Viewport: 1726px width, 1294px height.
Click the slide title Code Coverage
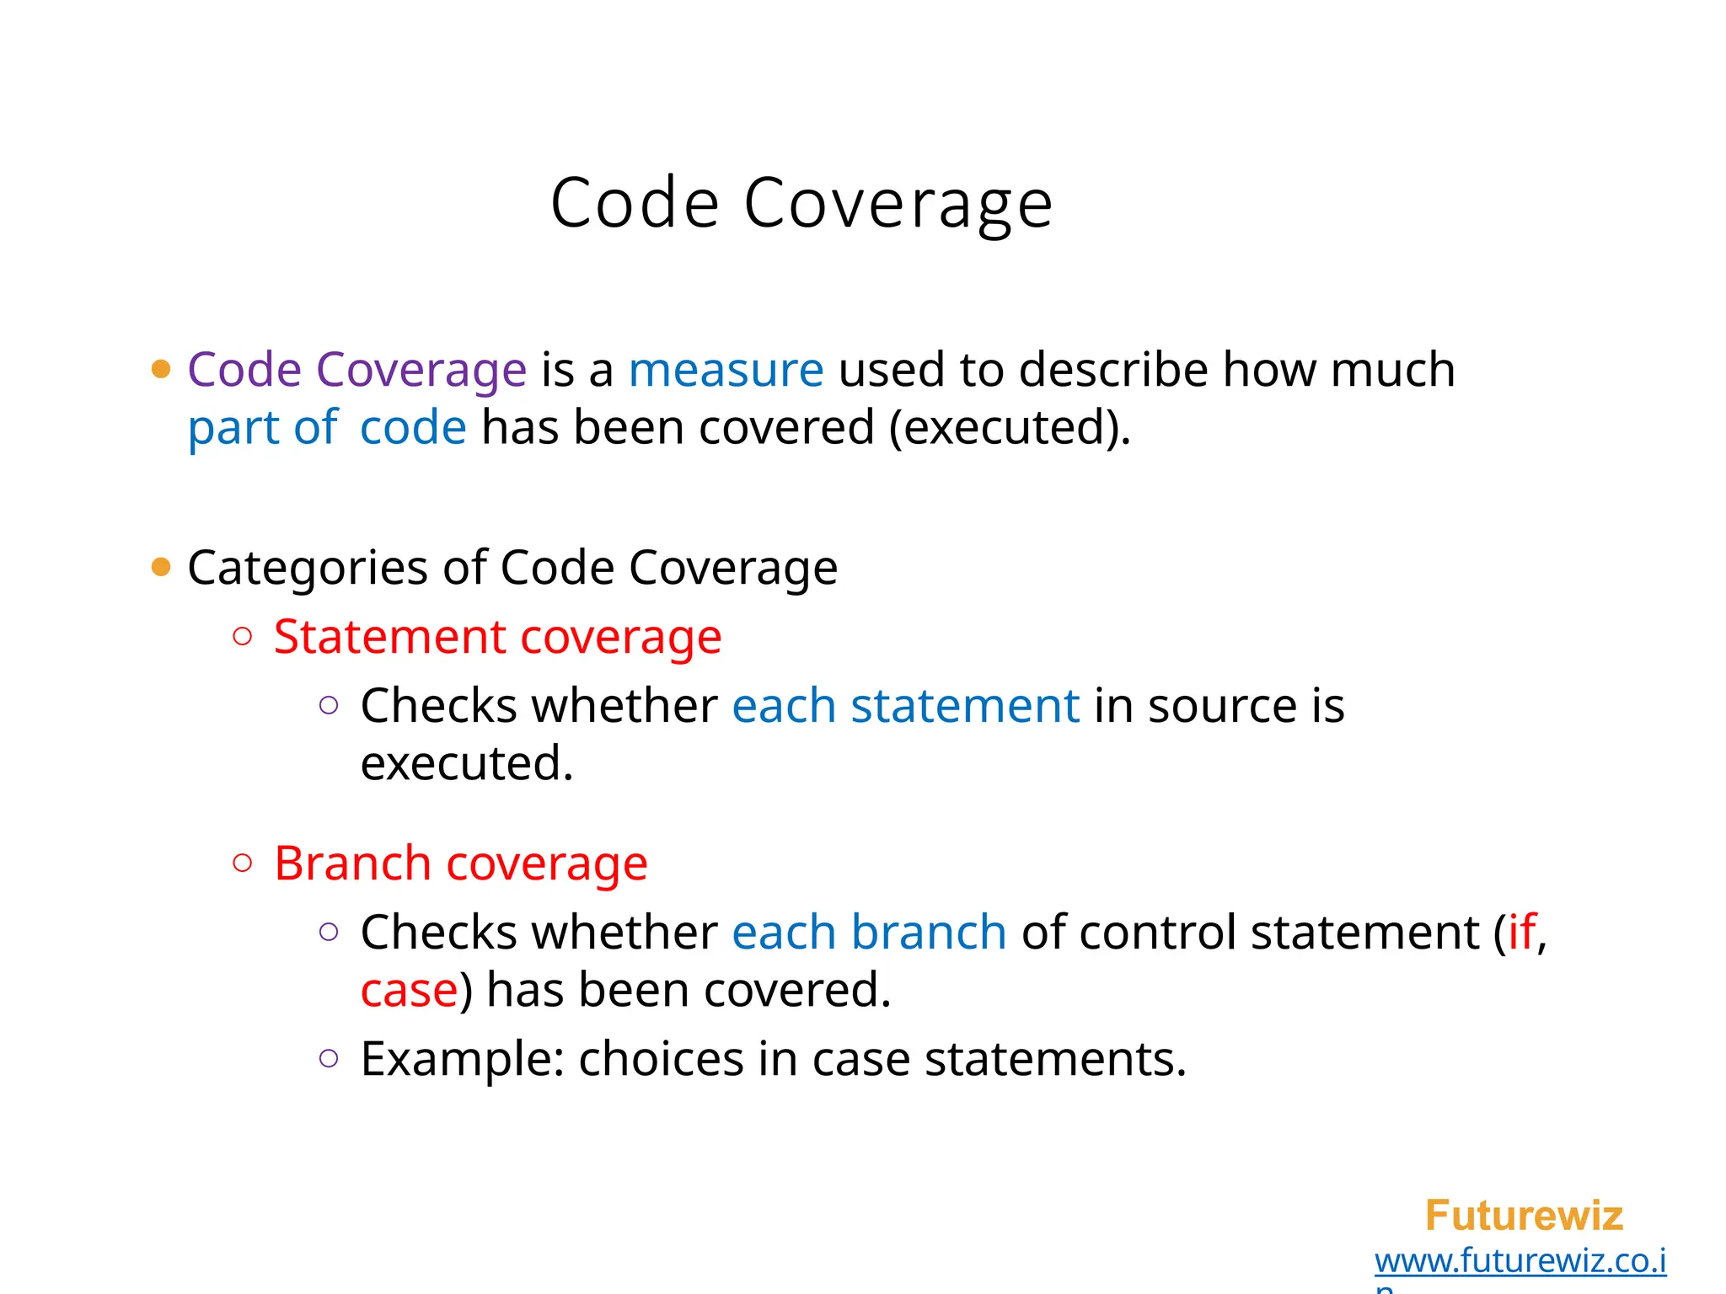[801, 204]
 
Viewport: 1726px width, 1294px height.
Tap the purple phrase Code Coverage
[356, 370]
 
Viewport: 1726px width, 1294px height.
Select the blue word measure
[726, 370]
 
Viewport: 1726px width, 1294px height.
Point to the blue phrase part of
[262, 427]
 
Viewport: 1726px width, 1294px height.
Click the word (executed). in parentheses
[1010, 427]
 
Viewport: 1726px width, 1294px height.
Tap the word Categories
[308, 568]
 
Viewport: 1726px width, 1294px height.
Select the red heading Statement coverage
[497, 637]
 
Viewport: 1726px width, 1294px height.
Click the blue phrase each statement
[905, 706]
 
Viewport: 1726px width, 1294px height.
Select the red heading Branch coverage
[460, 864]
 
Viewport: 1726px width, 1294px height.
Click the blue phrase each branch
[869, 933]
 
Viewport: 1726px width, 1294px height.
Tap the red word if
[1521, 933]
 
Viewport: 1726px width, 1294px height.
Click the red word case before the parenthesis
[409, 991]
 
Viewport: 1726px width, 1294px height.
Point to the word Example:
[462, 1060]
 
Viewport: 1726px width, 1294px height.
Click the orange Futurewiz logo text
[1523, 1216]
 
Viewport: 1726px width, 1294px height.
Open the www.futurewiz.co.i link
[1520, 1261]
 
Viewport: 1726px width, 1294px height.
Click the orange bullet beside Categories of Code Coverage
[161, 567]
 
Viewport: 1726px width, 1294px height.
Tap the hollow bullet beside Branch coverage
[243, 863]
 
